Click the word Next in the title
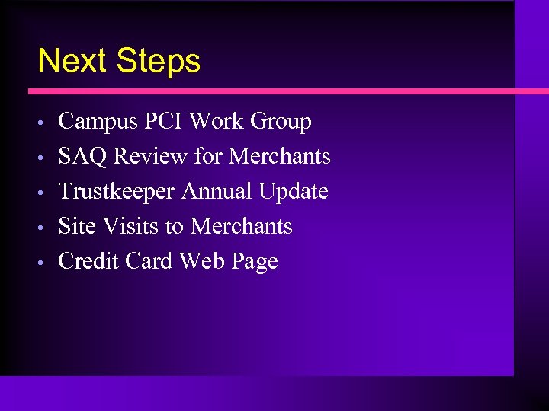coord(70,61)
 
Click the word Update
coord(293,192)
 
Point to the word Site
coord(75,227)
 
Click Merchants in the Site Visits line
coord(241,227)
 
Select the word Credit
coord(89,262)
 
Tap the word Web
coord(199,262)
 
